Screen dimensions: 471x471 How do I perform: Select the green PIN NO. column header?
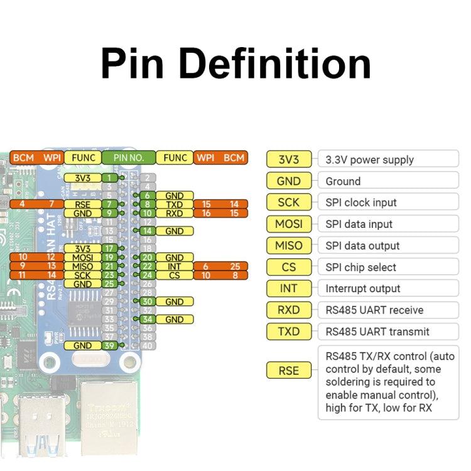coord(128,158)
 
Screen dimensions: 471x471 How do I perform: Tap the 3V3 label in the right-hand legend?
coord(288,160)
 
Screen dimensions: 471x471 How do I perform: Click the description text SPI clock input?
coord(360,203)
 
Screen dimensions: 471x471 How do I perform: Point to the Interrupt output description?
coord(362,289)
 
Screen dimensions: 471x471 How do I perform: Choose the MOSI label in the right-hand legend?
coord(288,224)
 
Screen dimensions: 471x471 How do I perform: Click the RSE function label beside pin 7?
coord(82,204)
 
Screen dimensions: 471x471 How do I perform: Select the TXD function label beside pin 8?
coord(174,204)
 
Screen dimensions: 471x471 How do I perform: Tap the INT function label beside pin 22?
coord(174,266)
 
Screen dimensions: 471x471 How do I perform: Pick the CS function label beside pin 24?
coord(174,275)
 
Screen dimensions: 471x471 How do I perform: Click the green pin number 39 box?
coord(110,345)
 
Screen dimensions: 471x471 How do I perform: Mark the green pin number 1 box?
coord(110,178)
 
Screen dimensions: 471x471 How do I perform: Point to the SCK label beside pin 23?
coord(82,275)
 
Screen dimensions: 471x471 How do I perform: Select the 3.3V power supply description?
coord(369,160)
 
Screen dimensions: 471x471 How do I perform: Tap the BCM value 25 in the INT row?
coord(234,266)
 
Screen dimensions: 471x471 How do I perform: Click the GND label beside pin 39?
coord(82,345)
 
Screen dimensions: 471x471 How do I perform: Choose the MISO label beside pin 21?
coord(82,266)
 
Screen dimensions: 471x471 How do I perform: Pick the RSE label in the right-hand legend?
coord(288,371)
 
